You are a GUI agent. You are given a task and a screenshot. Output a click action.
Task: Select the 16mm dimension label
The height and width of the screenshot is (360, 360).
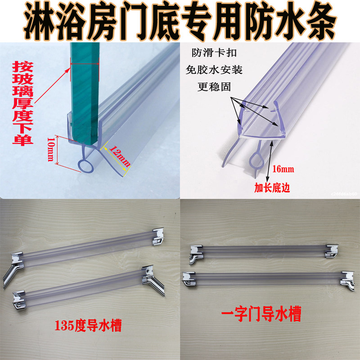283,169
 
